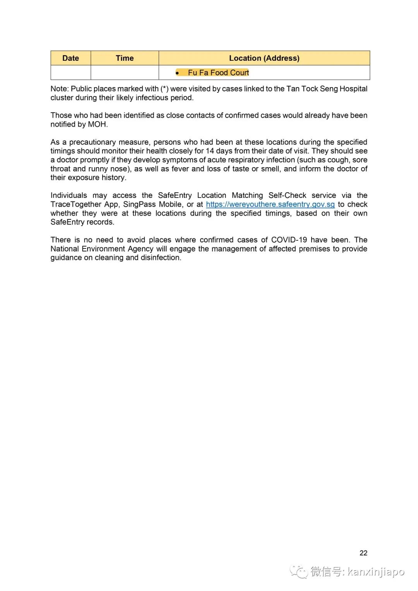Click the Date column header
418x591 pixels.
70,58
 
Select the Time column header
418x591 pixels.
125,58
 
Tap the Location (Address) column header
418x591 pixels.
264,58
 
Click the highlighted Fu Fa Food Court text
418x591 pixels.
218,73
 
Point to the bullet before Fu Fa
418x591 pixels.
177,73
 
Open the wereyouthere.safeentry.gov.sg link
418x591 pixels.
270,204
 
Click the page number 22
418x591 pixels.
363,553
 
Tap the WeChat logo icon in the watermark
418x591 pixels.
299,571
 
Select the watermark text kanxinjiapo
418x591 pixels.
376,572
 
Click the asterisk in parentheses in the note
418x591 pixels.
164,89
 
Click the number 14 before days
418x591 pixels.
210,151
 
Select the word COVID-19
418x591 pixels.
289,240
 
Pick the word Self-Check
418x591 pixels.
287,195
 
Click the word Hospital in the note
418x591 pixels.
353,89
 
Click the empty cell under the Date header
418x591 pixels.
70,72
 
